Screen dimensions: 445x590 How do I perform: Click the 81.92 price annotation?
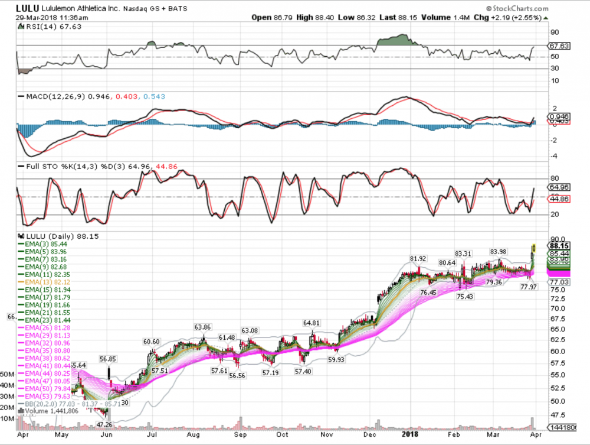point(419,258)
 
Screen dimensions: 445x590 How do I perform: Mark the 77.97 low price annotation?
point(529,287)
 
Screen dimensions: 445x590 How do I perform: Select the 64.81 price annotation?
point(312,323)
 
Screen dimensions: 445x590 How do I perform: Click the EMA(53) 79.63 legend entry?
point(45,396)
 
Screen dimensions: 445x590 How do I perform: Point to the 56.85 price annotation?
point(108,358)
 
